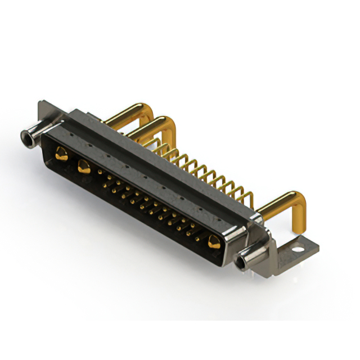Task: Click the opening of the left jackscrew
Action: [x=25, y=136]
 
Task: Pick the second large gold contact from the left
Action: [x=83, y=166]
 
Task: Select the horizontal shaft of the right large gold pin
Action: [x=276, y=202]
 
